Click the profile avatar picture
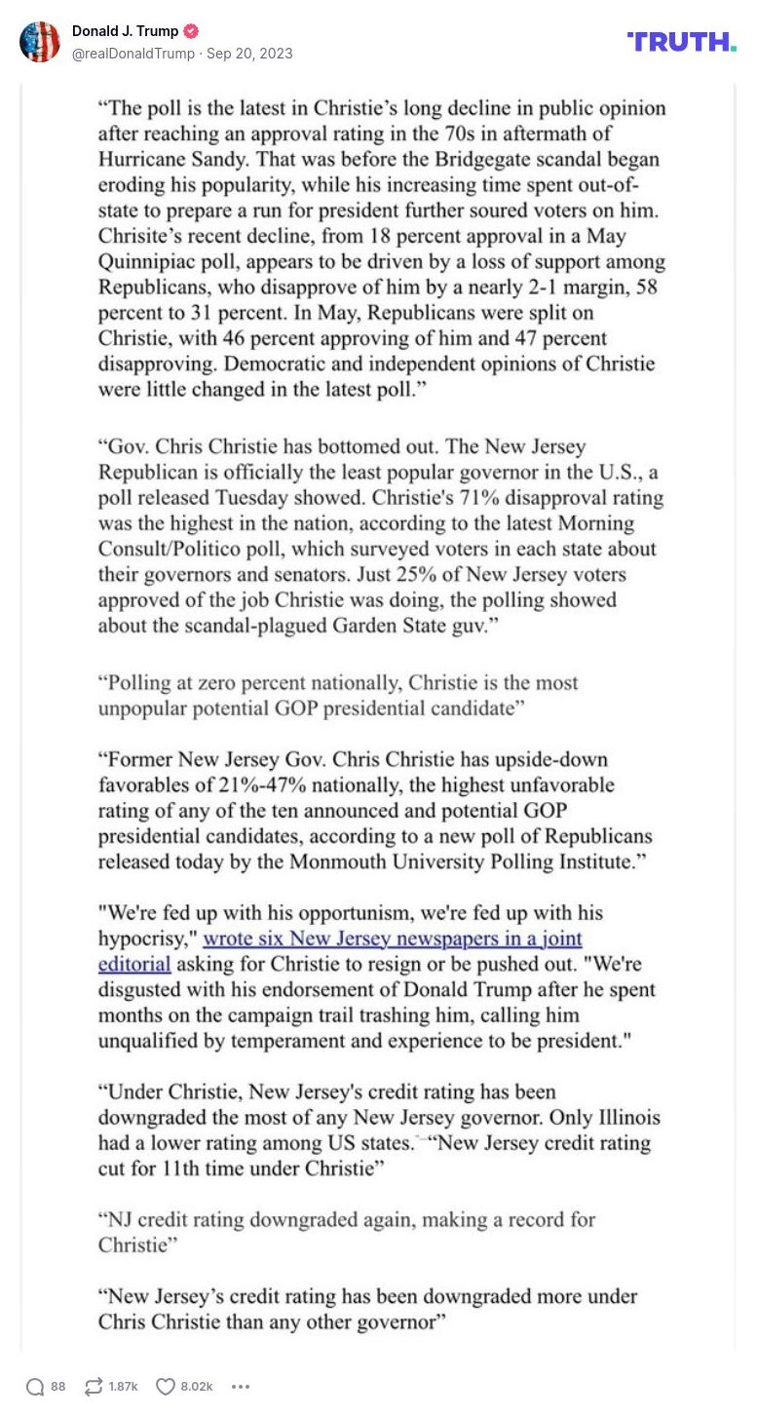[x=40, y=42]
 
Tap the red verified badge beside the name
[x=192, y=31]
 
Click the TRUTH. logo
[x=682, y=42]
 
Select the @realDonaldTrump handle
[x=133, y=54]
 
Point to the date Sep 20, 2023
[x=249, y=54]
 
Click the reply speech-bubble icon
[x=35, y=1387]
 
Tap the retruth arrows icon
[x=94, y=1387]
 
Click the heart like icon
[x=166, y=1387]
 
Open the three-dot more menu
[x=241, y=1387]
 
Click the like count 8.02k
[x=197, y=1387]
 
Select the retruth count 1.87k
[x=124, y=1387]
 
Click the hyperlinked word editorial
[x=134, y=965]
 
